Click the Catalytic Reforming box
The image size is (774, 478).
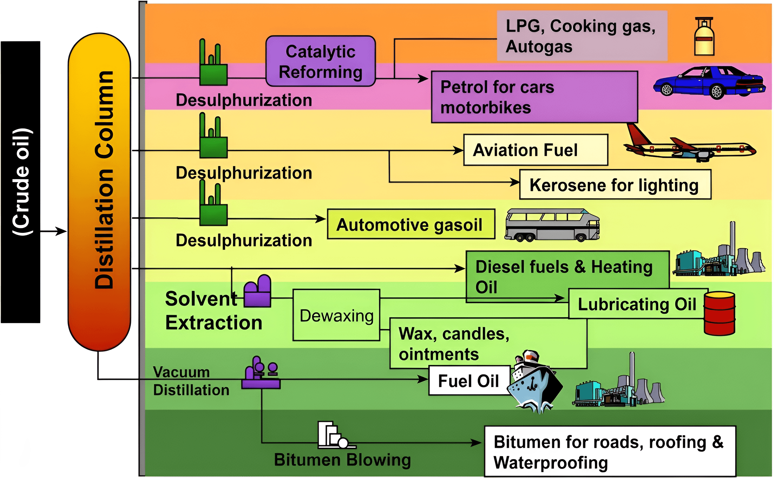click(320, 61)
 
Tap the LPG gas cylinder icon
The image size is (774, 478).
click(704, 36)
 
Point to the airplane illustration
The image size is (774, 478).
click(690, 144)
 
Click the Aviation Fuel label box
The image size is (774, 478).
click(536, 150)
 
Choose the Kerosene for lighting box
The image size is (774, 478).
click(615, 185)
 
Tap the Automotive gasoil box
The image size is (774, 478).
click(411, 224)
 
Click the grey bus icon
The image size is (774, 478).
click(552, 225)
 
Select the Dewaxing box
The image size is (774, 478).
click(336, 315)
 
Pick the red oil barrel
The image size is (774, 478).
click(719, 313)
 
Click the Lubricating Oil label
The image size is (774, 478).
click(637, 304)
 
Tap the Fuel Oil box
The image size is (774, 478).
click(469, 381)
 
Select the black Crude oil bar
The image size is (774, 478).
click(21, 182)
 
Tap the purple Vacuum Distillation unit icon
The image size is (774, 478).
click(261, 373)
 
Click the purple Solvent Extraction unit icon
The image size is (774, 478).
click(257, 291)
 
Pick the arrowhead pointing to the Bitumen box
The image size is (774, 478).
click(476, 443)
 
